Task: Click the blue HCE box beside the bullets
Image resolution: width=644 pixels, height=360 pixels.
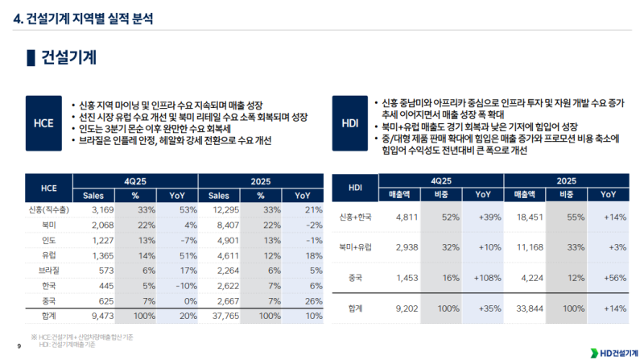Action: [x=43, y=122]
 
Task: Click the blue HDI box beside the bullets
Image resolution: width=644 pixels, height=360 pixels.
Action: [x=350, y=122]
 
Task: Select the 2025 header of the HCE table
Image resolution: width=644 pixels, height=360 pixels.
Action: [x=259, y=180]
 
